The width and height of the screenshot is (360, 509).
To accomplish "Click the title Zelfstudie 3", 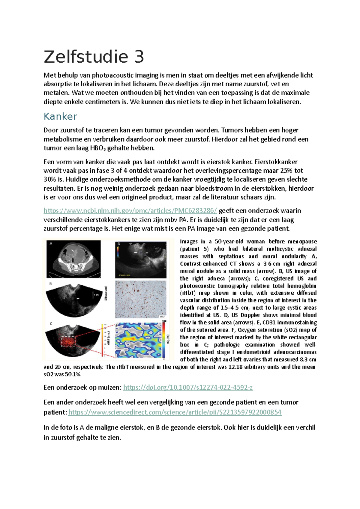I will click(x=94, y=57).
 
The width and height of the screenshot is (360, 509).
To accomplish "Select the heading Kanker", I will click(x=60, y=116).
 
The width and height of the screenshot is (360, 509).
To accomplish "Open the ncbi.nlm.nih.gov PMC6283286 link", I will click(x=130, y=211).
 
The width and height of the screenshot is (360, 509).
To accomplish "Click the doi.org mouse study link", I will click(x=188, y=387).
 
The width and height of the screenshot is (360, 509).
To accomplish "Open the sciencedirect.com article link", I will click(x=175, y=412).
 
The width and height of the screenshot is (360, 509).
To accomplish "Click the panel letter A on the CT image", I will click(x=51, y=244).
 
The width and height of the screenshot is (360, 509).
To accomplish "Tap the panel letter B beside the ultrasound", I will click(x=50, y=284).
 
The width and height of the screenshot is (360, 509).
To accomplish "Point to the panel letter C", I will click(x=51, y=323).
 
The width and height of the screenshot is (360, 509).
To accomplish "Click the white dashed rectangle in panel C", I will click(x=69, y=341).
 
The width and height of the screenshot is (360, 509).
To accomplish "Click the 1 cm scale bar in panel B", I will click(x=94, y=295).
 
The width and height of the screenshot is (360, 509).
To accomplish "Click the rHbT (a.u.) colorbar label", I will click(x=109, y=338).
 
